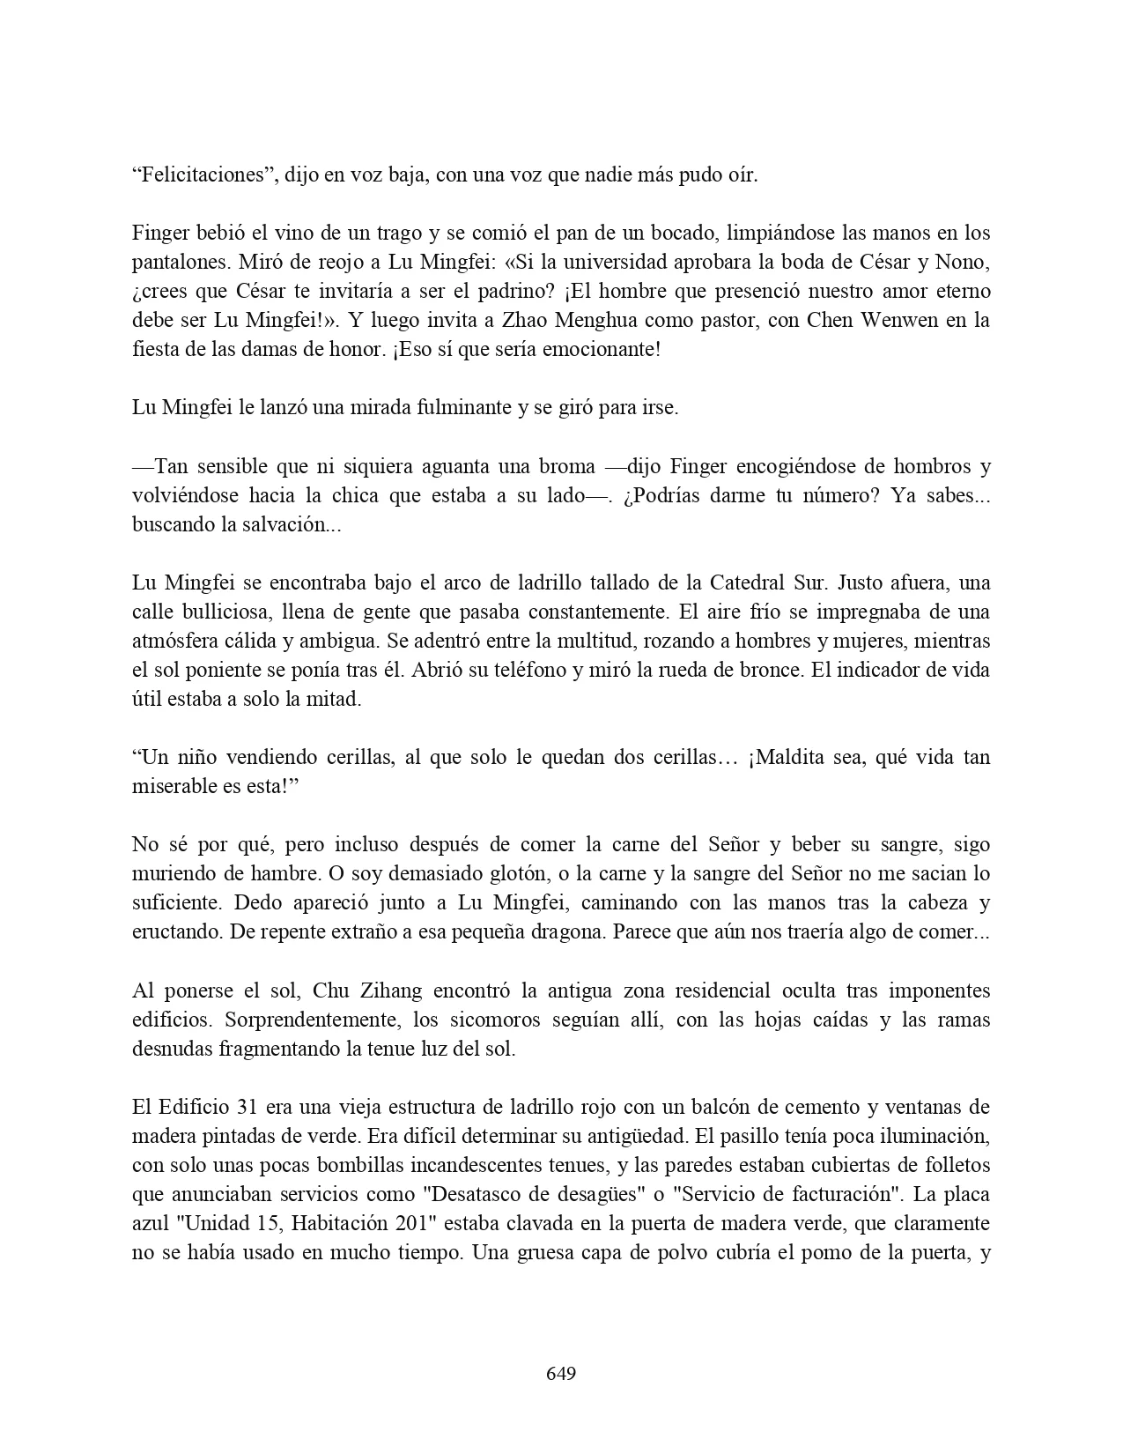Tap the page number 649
point(561,1374)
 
